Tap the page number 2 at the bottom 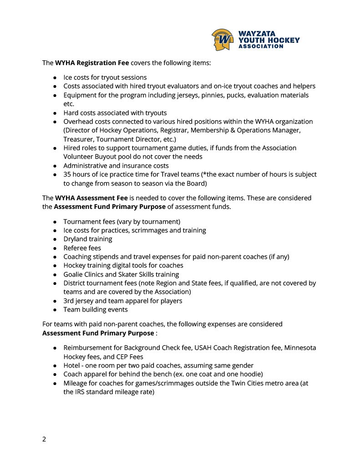[44, 439]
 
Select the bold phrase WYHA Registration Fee [92, 63]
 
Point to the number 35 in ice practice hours [67, 174]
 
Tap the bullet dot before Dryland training [55, 239]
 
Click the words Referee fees [82, 248]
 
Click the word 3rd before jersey [69, 301]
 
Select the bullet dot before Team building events [55, 310]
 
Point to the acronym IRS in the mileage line [81, 392]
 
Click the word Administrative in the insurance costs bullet [86, 166]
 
